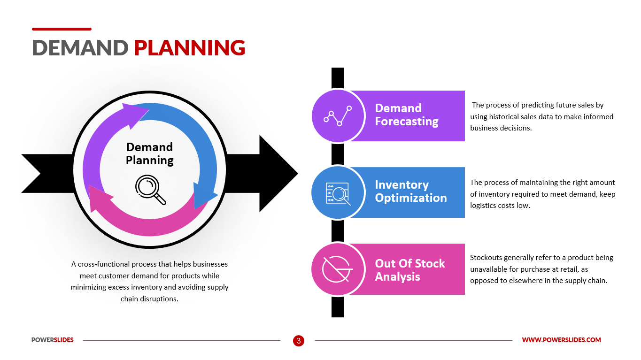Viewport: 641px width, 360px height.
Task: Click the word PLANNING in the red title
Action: click(x=189, y=48)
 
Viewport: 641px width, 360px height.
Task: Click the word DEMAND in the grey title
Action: click(x=80, y=48)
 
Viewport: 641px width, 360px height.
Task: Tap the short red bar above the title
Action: click(x=62, y=29)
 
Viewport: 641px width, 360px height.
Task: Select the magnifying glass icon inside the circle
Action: click(x=150, y=190)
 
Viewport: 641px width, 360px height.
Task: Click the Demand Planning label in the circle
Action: click(x=149, y=153)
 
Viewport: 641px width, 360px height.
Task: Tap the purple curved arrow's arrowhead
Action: click(x=136, y=114)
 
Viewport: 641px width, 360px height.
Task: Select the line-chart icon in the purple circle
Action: click(x=338, y=116)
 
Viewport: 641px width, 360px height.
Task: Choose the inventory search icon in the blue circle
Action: click(x=338, y=192)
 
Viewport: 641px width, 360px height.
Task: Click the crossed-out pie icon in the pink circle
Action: click(x=337, y=269)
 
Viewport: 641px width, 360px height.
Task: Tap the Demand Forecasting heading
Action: click(x=406, y=115)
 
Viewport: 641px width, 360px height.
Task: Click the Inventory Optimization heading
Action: click(x=410, y=191)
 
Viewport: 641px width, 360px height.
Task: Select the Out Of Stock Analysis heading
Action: click(x=409, y=270)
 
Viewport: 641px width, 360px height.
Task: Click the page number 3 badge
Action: click(x=299, y=340)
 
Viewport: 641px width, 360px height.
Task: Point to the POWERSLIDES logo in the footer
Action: click(x=53, y=340)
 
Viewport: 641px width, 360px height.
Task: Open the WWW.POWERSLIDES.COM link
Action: click(x=561, y=340)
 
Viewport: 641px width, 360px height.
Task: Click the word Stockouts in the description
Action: click(x=488, y=258)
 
